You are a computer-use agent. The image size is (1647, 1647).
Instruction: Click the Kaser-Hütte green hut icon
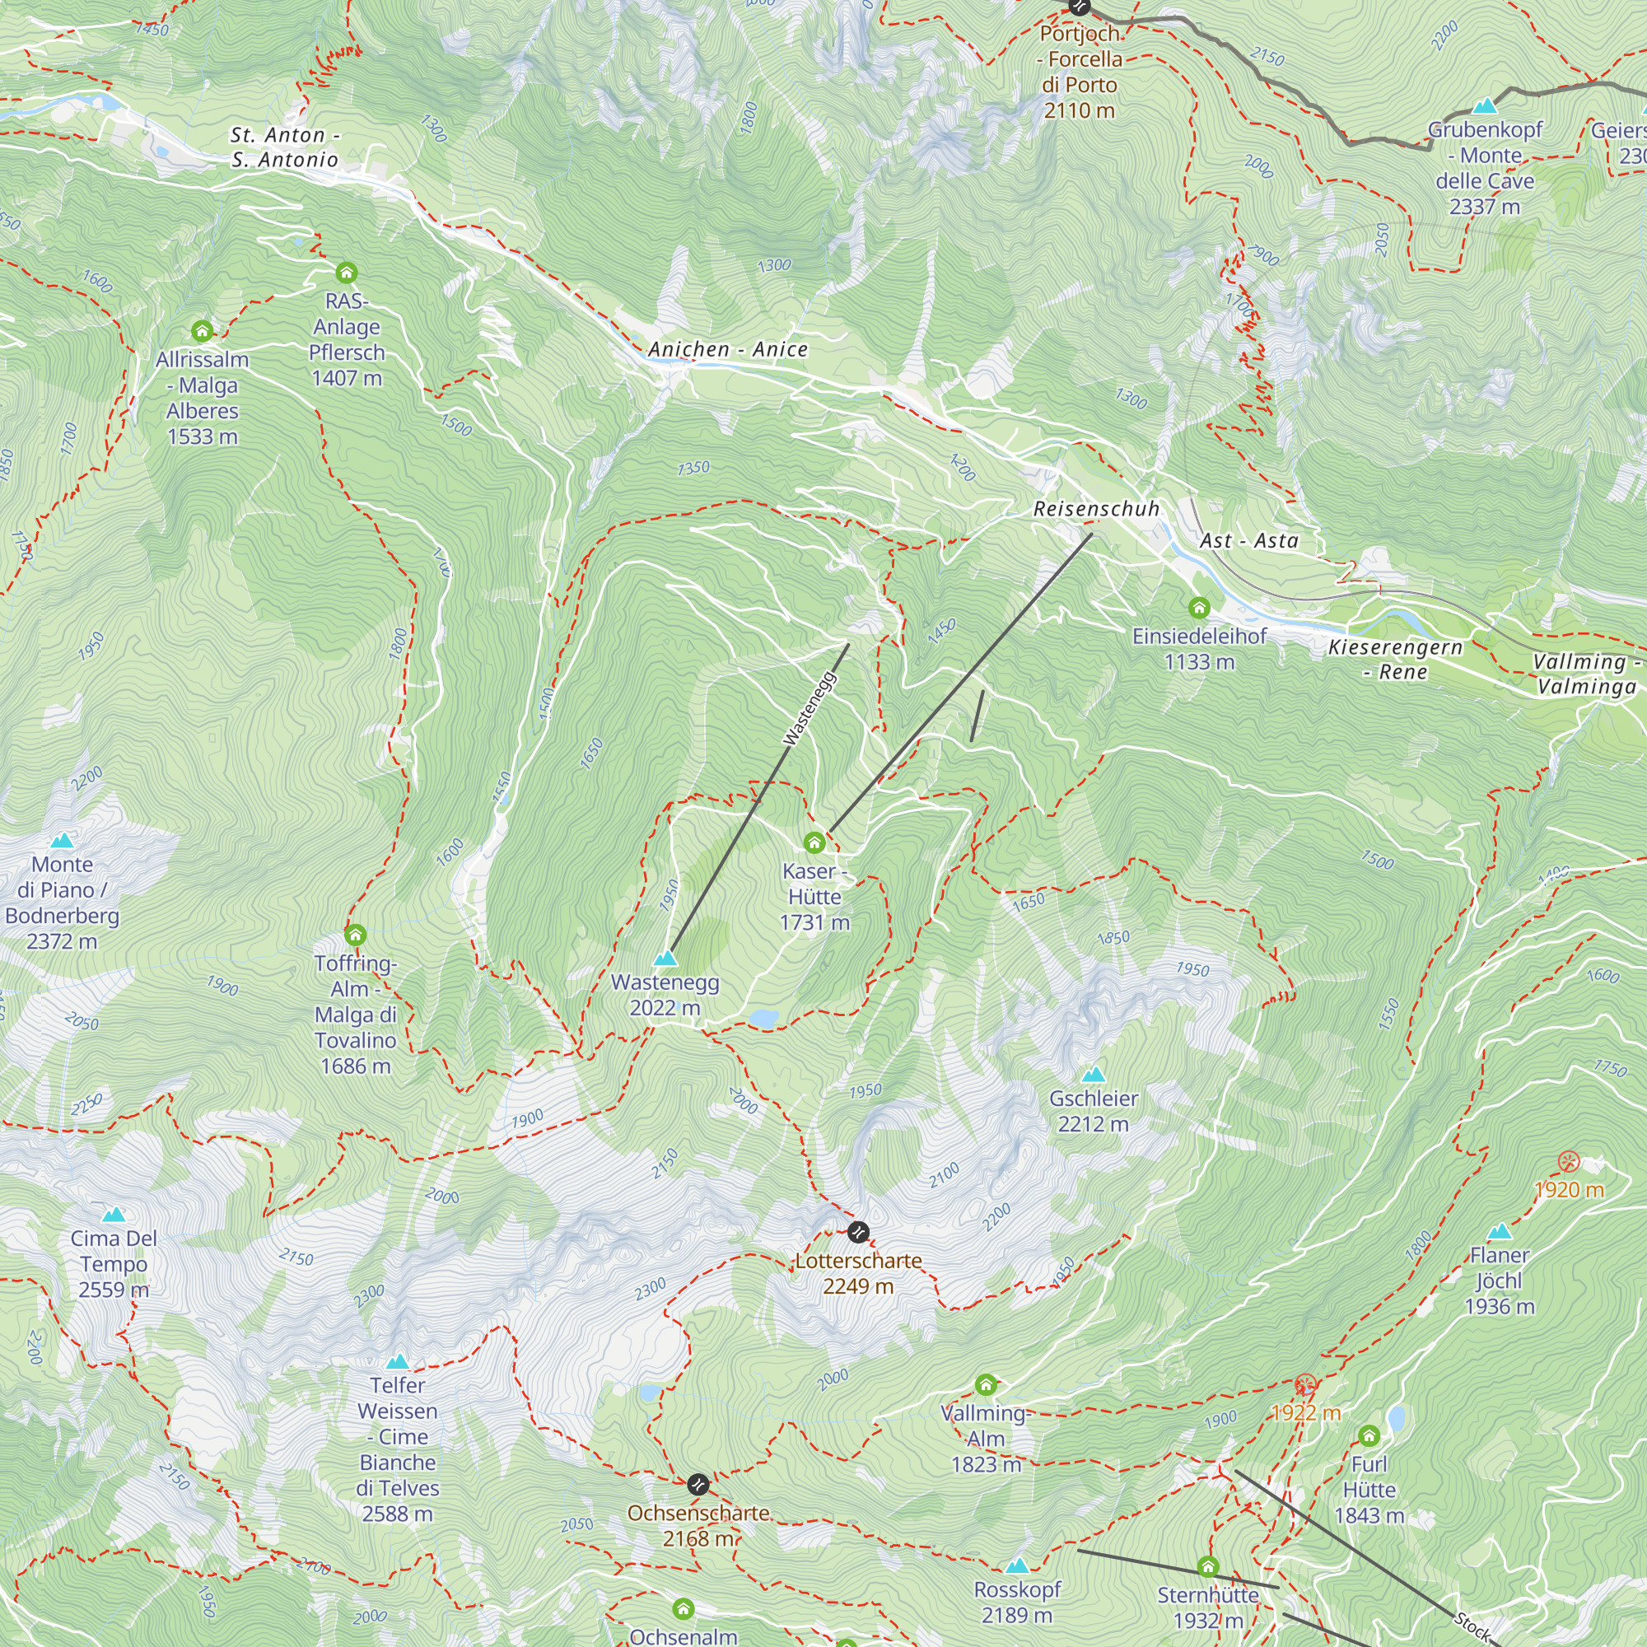tap(814, 842)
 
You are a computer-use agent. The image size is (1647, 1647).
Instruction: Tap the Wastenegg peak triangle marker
tap(665, 959)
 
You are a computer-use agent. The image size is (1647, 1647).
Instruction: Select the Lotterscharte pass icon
tap(858, 1232)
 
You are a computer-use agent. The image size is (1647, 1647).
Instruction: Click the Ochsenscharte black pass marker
tap(698, 1484)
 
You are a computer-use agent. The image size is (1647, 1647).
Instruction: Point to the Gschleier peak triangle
tap(1093, 1074)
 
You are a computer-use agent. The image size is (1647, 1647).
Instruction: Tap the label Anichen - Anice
tap(728, 349)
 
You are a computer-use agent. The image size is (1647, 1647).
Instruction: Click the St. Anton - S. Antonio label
tap(285, 147)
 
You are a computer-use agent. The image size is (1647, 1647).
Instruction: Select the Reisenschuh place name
tap(1096, 509)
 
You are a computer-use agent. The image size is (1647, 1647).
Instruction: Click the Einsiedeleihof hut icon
tap(1200, 608)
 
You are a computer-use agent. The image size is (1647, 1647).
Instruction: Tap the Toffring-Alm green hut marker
tap(356, 935)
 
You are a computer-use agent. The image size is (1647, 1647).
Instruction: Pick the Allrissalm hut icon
tap(202, 331)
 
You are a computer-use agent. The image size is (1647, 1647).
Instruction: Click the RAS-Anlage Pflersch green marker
tap(346, 273)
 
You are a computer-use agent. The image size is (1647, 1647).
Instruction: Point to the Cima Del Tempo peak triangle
tap(114, 1214)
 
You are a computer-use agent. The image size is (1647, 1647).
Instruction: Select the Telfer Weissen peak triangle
tap(397, 1361)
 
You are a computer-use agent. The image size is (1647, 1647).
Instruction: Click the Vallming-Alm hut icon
tap(987, 1383)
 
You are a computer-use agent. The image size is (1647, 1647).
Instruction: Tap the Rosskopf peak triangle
tap(1017, 1565)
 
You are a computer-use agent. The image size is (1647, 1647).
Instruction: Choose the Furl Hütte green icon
tap(1369, 1435)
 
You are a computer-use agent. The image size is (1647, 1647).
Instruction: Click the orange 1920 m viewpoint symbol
tap(1569, 1161)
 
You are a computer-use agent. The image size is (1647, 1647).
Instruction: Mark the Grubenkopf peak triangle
tap(1485, 105)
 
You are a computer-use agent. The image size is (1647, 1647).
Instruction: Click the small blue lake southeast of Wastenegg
tap(764, 1017)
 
